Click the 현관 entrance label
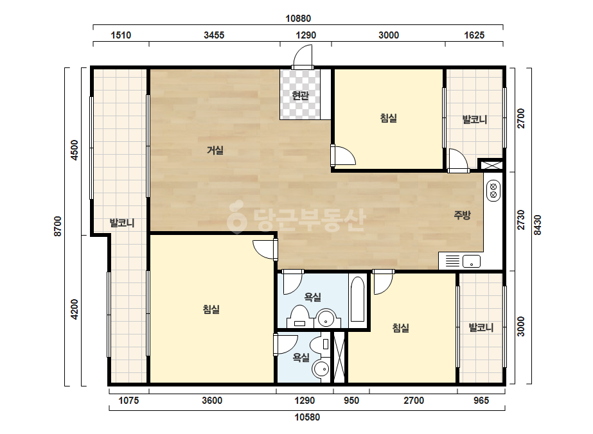point(300,96)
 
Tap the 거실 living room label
point(215,150)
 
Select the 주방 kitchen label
point(462,215)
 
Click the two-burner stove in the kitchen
point(493,191)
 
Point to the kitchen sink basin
point(472,261)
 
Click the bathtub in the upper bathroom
point(357,299)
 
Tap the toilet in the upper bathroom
point(300,317)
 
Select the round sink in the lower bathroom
point(323,369)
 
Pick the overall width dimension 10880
point(298,19)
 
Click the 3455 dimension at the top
point(214,35)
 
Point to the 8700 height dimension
point(57,226)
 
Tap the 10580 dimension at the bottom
point(307,417)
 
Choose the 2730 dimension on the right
point(521,220)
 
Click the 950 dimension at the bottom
point(351,401)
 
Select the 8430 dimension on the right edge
point(537,225)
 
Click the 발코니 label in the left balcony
point(122,223)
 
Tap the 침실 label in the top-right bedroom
point(389,118)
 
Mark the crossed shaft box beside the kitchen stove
point(490,165)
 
